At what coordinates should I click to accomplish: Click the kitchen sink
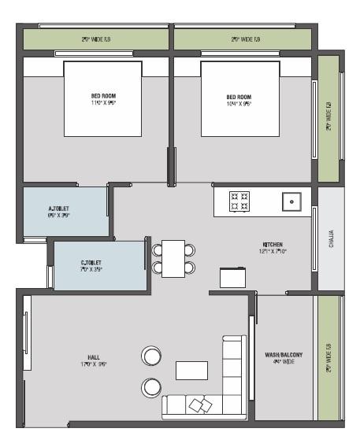click(292, 201)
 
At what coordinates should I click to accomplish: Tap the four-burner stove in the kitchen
click(239, 201)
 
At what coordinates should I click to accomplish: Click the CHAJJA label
click(331, 239)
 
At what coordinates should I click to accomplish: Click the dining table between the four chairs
click(173, 257)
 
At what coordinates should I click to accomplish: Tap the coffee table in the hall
click(191, 370)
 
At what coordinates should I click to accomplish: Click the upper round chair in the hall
click(150, 356)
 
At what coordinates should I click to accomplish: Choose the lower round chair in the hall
click(150, 386)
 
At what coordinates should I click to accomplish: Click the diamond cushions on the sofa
click(200, 404)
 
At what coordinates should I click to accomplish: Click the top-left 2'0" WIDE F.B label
click(95, 39)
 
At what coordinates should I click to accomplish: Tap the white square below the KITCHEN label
click(232, 277)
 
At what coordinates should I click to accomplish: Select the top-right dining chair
click(190, 249)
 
